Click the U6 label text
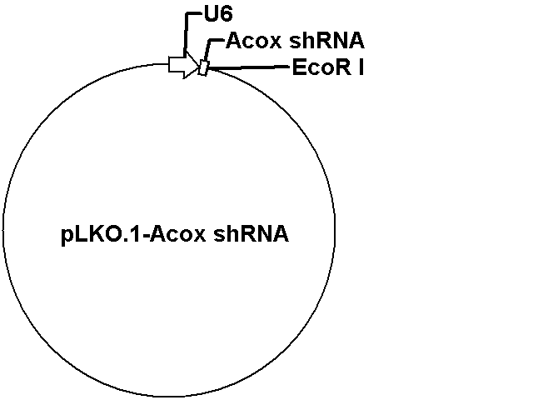tap(218, 14)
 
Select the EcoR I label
tap(328, 67)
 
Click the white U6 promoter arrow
tap(183, 65)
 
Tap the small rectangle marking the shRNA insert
tap(203, 67)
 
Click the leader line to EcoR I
tap(249, 67)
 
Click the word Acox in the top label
tap(253, 41)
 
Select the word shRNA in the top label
tap(326, 41)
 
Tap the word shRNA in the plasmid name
tap(251, 234)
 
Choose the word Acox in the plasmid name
tap(177, 234)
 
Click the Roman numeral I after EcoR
tap(361, 67)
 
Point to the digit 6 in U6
tap(226, 14)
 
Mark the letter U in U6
tap(211, 14)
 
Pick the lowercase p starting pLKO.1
tap(67, 237)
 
